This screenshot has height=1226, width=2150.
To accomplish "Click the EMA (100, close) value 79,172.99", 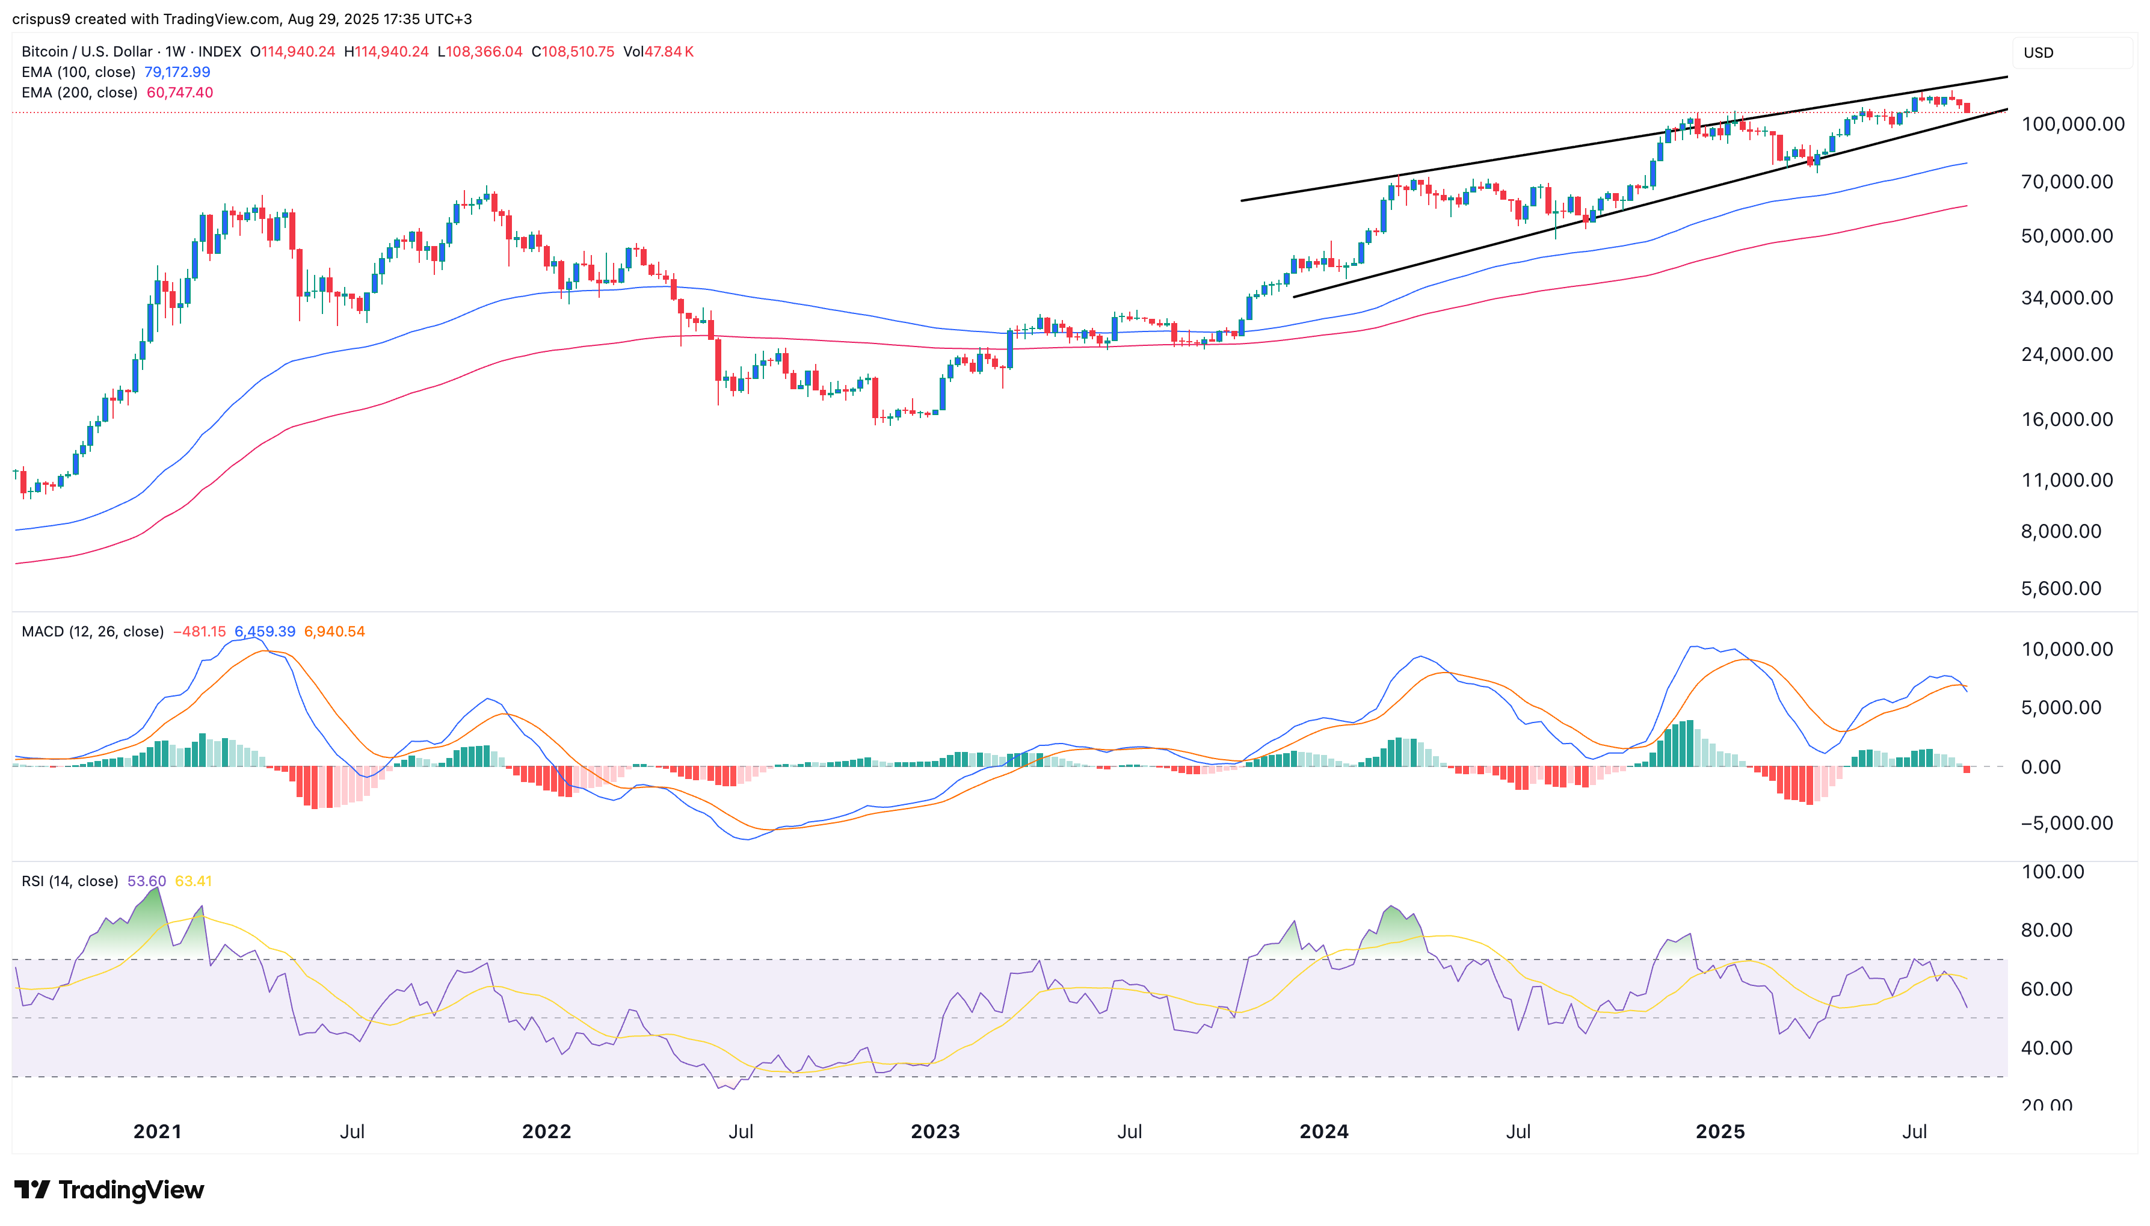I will click(177, 72).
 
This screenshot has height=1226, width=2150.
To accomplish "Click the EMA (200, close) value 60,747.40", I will click(179, 93).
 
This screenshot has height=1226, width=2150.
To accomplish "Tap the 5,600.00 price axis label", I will click(2061, 588).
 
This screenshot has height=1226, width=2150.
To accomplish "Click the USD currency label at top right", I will click(2038, 52).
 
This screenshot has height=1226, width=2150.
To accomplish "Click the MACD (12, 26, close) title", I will click(92, 632).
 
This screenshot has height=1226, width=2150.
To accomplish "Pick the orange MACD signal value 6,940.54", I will click(334, 632).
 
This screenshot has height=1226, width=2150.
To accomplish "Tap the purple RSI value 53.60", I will click(146, 881).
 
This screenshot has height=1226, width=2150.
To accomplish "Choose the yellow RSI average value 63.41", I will click(194, 881).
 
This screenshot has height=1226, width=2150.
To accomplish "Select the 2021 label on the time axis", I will click(158, 1131).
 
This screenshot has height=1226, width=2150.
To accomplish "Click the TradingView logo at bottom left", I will click(109, 1190).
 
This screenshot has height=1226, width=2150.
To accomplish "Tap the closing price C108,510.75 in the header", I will click(573, 51).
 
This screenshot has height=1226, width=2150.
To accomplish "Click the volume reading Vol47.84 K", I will click(658, 51).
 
